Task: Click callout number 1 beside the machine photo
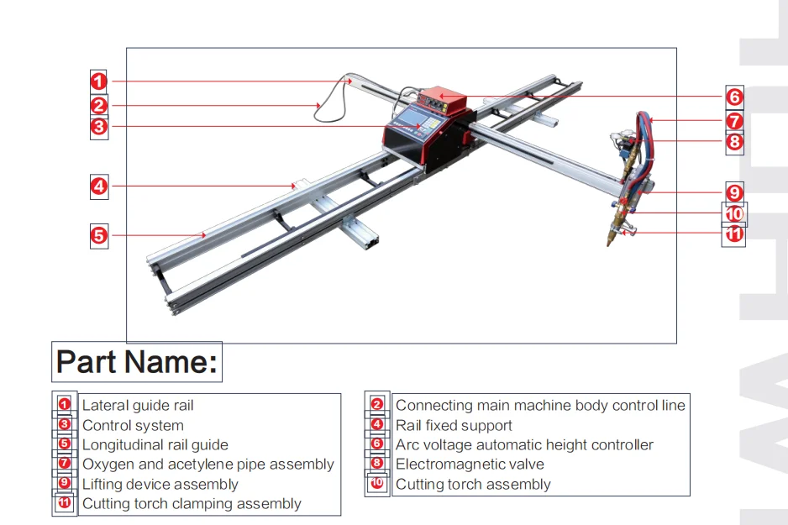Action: [x=99, y=81]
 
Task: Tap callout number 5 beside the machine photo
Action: [x=99, y=235]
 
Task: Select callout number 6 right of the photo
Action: [x=734, y=96]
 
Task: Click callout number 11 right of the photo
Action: [x=734, y=234]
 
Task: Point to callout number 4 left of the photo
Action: [x=99, y=186]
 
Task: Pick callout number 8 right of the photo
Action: [x=734, y=142]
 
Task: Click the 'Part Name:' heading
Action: [x=137, y=362]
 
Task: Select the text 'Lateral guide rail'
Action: [x=138, y=406]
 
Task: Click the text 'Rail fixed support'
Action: [x=454, y=426]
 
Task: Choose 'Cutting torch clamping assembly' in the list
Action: [x=192, y=504]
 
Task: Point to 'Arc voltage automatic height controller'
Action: [x=524, y=445]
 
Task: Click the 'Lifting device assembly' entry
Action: [x=160, y=485]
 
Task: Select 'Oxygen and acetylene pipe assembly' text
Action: [x=208, y=465]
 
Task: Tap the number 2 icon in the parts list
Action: [x=377, y=405]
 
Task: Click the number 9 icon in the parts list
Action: [x=65, y=484]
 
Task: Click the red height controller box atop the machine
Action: [x=443, y=101]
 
